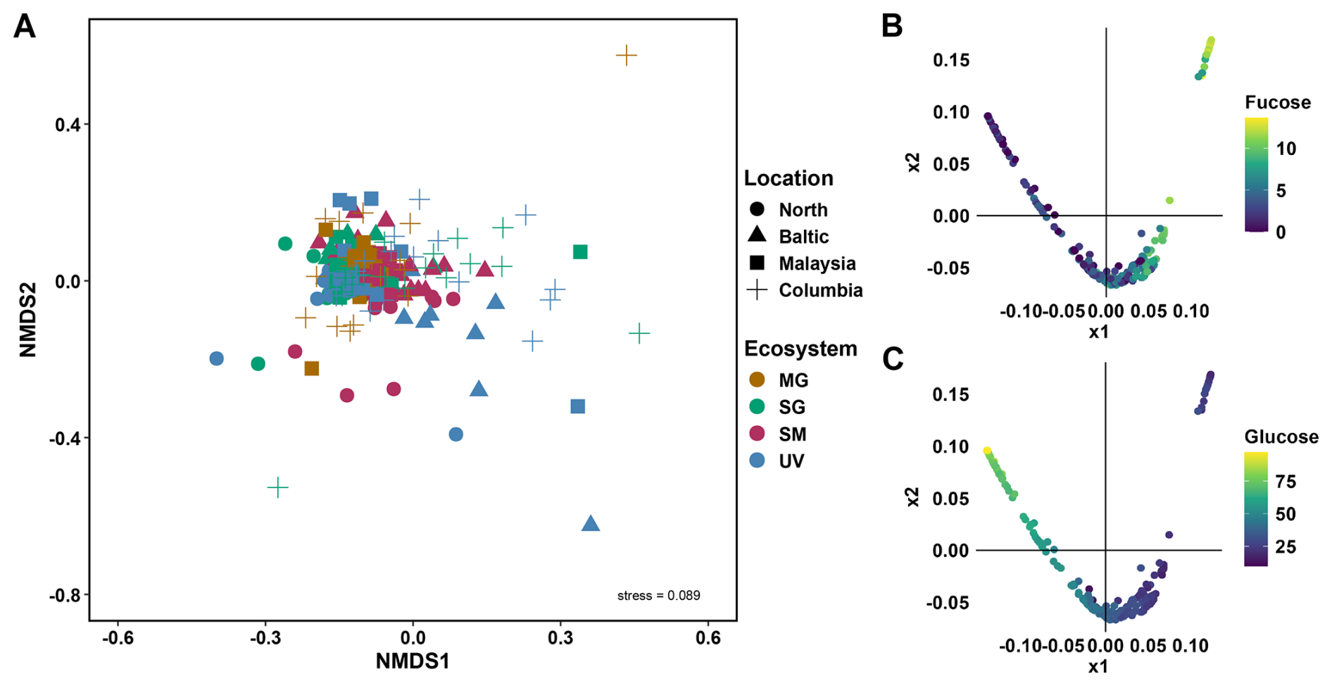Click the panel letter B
point(892,26)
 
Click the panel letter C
point(893,360)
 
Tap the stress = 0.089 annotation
point(658,596)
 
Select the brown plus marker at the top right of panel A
point(626,55)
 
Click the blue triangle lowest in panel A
point(591,523)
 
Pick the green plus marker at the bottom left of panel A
point(278,487)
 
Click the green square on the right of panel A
point(580,252)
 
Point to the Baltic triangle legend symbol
point(757,235)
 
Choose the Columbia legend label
point(820,290)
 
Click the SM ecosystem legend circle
point(757,434)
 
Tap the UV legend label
point(791,461)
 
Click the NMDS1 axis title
point(412,661)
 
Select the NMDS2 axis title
point(27,320)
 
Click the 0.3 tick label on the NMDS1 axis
point(560,638)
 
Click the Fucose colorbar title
point(1277,103)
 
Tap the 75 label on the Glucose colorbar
point(1286,482)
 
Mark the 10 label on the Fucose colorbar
point(1286,149)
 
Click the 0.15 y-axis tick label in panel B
point(950,61)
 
